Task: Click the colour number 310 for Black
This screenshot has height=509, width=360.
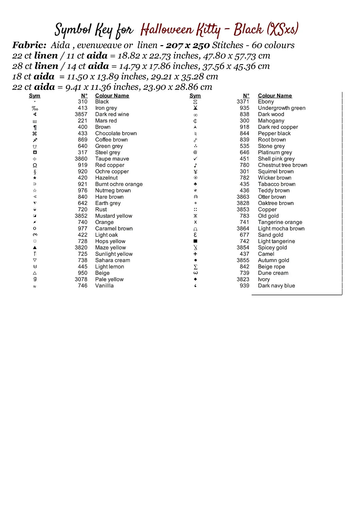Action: [83, 101]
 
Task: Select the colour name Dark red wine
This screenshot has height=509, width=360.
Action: [112, 114]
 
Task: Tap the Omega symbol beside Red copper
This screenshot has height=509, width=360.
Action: [35, 165]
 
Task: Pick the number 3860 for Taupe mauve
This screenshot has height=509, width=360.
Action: [81, 159]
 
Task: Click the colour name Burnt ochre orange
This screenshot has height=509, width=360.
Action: [119, 184]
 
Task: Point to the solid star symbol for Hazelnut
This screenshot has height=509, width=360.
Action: [35, 178]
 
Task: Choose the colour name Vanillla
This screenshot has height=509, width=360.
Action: [104, 286]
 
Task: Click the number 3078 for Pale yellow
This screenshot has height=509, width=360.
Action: [81, 279]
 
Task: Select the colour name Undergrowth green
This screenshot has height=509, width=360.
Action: [282, 108]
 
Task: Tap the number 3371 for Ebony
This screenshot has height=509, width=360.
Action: [243, 101]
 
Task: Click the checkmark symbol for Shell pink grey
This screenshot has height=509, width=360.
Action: [195, 159]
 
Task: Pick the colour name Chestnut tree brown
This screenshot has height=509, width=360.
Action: [283, 165]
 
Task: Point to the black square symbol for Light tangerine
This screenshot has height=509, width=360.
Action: [195, 241]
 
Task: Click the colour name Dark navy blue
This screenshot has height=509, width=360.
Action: [276, 286]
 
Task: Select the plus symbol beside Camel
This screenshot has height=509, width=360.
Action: [195, 254]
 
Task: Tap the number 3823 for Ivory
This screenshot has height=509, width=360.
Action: [243, 279]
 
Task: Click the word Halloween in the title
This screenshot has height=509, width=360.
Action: [167, 30]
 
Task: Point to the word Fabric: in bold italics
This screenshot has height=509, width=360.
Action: [29, 45]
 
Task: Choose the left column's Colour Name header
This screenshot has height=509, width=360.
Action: [112, 96]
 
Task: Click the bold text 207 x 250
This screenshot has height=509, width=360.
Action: [188, 45]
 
